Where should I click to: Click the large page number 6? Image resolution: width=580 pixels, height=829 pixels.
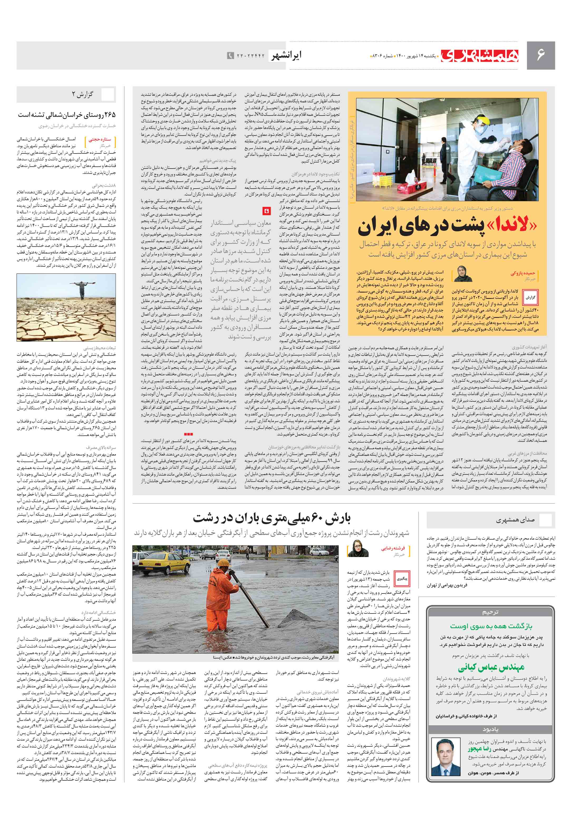pos(540,55)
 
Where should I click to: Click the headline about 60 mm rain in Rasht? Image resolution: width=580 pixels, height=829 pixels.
pos(271,519)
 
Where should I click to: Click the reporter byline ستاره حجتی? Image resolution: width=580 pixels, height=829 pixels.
pos(100,139)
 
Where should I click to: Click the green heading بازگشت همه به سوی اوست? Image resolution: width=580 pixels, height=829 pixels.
pos(491,626)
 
